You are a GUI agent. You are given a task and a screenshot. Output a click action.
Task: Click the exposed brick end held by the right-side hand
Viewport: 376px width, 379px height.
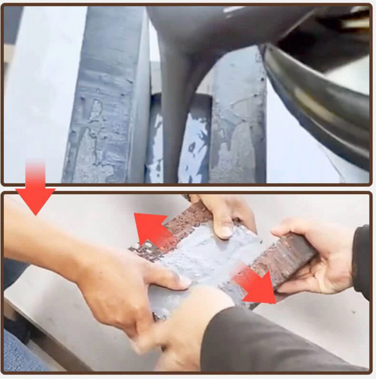coord(285,260)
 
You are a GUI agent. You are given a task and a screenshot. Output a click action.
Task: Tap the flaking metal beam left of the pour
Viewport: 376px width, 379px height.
coord(104,110)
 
